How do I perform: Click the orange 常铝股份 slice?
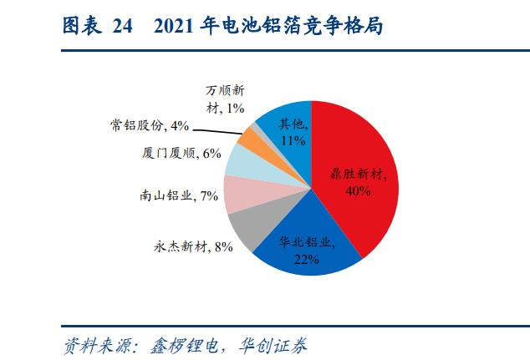coord(249,137)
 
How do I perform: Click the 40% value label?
coord(358,191)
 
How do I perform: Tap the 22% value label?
coord(306,260)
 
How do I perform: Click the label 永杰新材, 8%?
coord(193,247)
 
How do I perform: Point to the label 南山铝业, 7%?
coord(179,195)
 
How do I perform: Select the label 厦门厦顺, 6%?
coord(181,154)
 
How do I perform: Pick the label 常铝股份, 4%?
coord(150,125)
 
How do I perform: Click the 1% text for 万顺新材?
coord(235,109)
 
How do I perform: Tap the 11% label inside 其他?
coord(293,141)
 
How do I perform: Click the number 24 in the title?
coord(122,26)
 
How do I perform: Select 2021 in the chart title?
coord(173,26)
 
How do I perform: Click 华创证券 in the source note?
coord(273,346)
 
